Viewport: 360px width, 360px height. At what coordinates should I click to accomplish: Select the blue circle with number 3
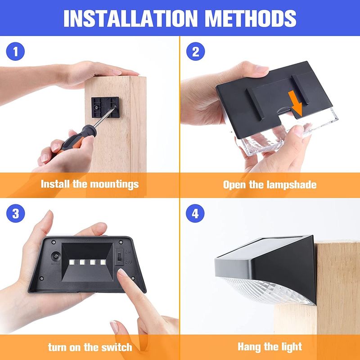pos(16,213)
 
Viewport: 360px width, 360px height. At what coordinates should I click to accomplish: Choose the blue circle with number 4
pos(195,213)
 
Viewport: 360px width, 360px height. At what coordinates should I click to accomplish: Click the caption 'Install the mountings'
pos(90,184)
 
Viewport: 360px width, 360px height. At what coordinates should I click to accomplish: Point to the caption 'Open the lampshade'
pos(270,184)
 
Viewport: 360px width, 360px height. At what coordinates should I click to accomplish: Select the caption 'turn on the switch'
pos(90,347)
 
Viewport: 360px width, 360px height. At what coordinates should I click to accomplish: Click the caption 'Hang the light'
pos(270,347)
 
